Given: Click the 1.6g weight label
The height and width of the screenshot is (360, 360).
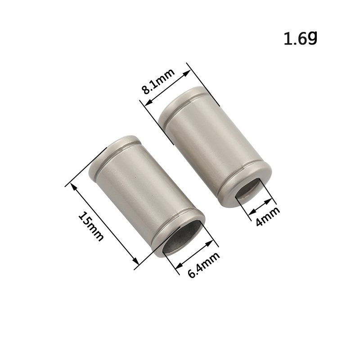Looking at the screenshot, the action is coord(300,38).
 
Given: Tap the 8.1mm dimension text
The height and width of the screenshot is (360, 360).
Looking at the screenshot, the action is coord(158,81).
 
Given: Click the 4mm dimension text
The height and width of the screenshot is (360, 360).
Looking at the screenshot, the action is coord(267,216).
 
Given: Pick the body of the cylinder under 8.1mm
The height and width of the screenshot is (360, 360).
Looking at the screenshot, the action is coord(215,147).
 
